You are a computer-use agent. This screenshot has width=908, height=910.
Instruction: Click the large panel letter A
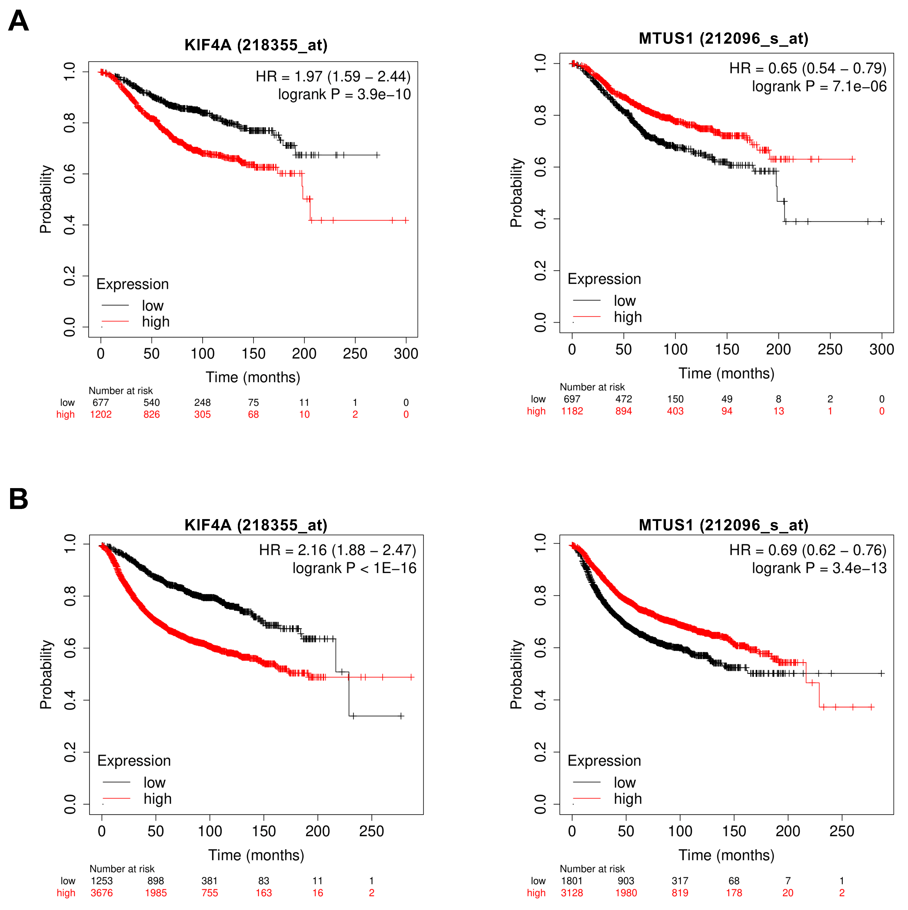point(19,21)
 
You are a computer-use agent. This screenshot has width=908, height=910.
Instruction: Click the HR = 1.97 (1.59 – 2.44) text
point(333,76)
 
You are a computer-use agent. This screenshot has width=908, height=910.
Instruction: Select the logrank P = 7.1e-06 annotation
point(819,87)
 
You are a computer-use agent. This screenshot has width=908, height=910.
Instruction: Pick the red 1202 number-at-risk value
point(100,414)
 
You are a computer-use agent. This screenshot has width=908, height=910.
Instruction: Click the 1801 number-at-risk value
point(572,881)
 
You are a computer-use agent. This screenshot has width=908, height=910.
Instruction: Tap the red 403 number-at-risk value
point(675,411)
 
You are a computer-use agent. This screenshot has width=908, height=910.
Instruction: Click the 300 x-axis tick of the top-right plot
point(881,350)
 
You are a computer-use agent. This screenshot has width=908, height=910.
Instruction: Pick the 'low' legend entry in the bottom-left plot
point(154,783)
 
